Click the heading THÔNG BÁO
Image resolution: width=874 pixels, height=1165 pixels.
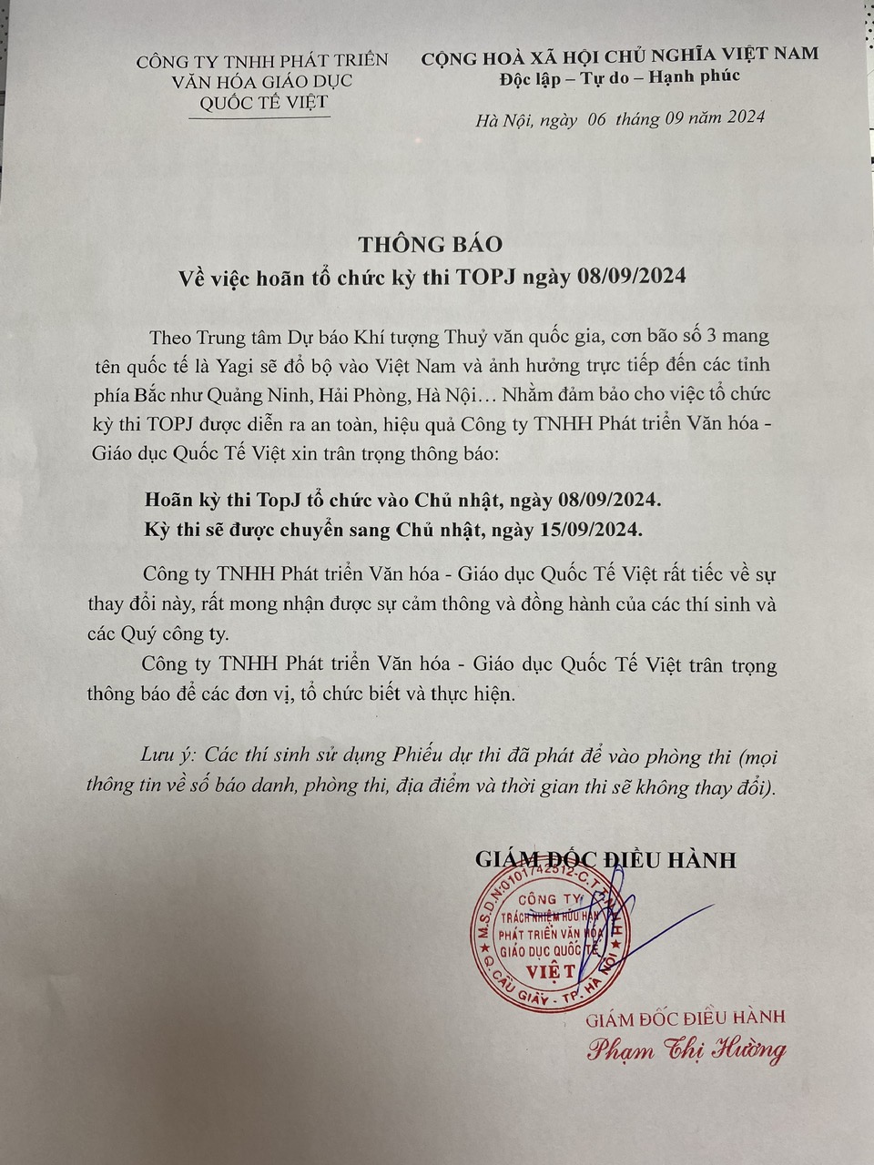(430, 244)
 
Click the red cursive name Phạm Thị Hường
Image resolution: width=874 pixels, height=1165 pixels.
(686, 1050)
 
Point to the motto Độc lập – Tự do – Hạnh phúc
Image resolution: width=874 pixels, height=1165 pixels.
(620, 76)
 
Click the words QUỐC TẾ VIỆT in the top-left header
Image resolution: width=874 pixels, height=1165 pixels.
(262, 102)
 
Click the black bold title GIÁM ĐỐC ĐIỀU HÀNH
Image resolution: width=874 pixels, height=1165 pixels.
(605, 859)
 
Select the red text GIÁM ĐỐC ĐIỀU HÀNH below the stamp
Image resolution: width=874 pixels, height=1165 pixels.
(686, 1018)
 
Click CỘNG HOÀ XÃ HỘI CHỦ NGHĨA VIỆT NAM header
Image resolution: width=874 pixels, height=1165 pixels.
(619, 55)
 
